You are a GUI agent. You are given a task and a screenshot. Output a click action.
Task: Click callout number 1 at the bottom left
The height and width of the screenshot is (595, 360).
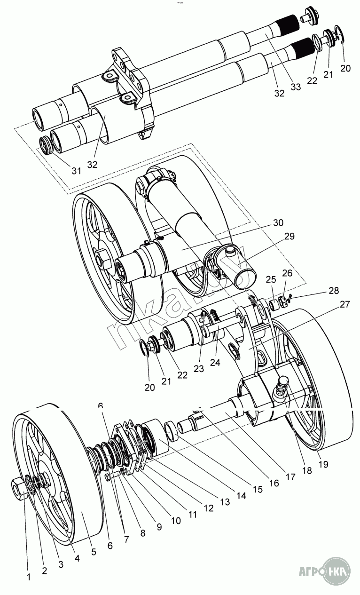pyautogui.click(x=29, y=577)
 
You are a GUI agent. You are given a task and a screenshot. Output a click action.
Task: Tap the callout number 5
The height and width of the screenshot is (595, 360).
pyautogui.click(x=94, y=552)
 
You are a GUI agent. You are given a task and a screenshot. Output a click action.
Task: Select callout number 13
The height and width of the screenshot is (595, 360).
pyautogui.click(x=225, y=502)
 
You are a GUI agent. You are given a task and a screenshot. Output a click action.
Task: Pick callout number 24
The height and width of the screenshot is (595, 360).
pyautogui.click(x=215, y=362)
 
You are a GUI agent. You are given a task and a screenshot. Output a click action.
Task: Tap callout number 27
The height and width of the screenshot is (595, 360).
pyautogui.click(x=344, y=304)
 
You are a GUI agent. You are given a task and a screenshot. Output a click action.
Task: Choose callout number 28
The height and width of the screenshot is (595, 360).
pyautogui.click(x=334, y=291)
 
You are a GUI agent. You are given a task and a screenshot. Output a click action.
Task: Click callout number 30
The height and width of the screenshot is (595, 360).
pyautogui.click(x=278, y=222)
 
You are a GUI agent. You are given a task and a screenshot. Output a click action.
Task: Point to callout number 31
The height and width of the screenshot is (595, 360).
pyautogui.click(x=77, y=171)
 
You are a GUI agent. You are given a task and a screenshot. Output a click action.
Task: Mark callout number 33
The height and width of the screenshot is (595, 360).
pyautogui.click(x=296, y=87)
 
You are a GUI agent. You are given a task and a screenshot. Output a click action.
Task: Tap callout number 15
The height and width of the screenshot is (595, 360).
pyautogui.click(x=257, y=489)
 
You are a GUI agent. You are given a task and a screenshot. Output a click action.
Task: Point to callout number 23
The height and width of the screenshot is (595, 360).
pyautogui.click(x=199, y=368)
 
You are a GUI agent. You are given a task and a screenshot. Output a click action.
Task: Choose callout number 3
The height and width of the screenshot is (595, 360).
pyautogui.click(x=61, y=564)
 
